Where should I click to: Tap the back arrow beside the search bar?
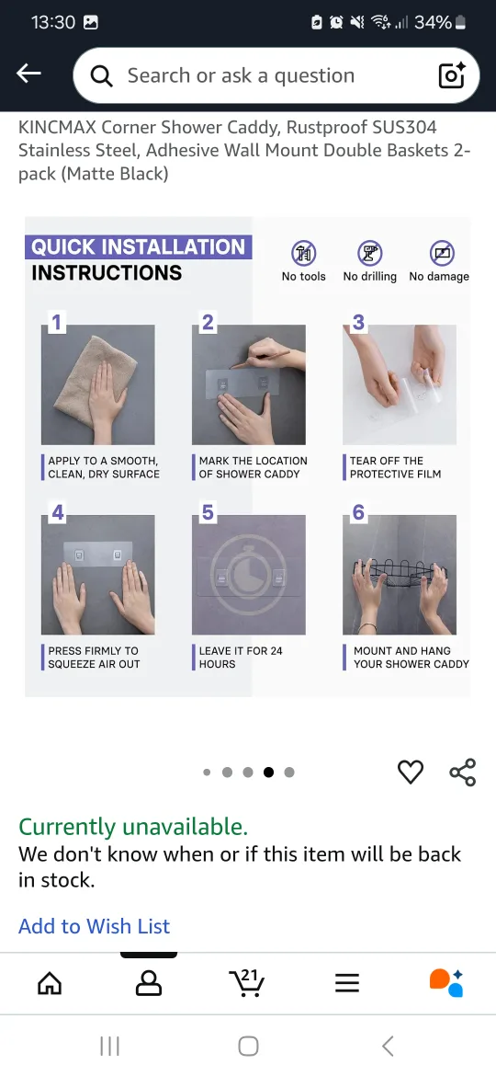28,74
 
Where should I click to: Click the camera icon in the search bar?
452,74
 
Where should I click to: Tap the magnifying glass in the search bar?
101,76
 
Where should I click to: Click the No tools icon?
303,253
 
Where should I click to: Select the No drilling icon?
370,253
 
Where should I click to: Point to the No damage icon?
442,253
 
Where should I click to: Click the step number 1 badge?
56,322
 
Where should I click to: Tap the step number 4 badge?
58,512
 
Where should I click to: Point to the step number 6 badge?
358,512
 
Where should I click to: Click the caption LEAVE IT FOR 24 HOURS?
241,658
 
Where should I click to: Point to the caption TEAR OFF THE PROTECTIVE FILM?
395,467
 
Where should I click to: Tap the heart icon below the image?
411,772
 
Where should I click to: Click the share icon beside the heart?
462,772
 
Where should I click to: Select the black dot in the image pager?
268,772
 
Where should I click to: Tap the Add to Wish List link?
94,926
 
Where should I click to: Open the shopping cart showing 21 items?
247,983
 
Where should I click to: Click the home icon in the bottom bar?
50,984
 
